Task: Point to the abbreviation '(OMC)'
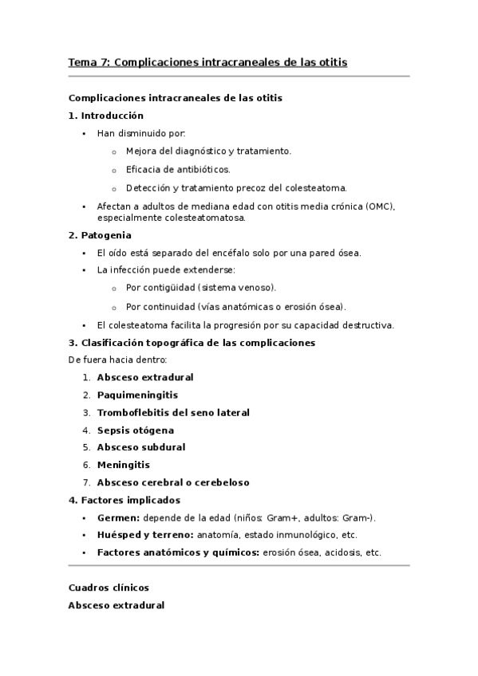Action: (380, 206)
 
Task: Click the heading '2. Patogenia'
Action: (101, 235)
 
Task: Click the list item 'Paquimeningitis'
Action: (137, 395)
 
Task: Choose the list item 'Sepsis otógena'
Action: (135, 430)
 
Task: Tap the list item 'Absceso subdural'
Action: (141, 447)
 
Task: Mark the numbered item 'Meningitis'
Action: (123, 465)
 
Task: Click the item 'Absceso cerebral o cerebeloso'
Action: (173, 482)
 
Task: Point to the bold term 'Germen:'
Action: (118, 517)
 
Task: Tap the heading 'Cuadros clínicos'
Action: (109, 588)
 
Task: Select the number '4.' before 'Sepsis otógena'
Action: (86, 430)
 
